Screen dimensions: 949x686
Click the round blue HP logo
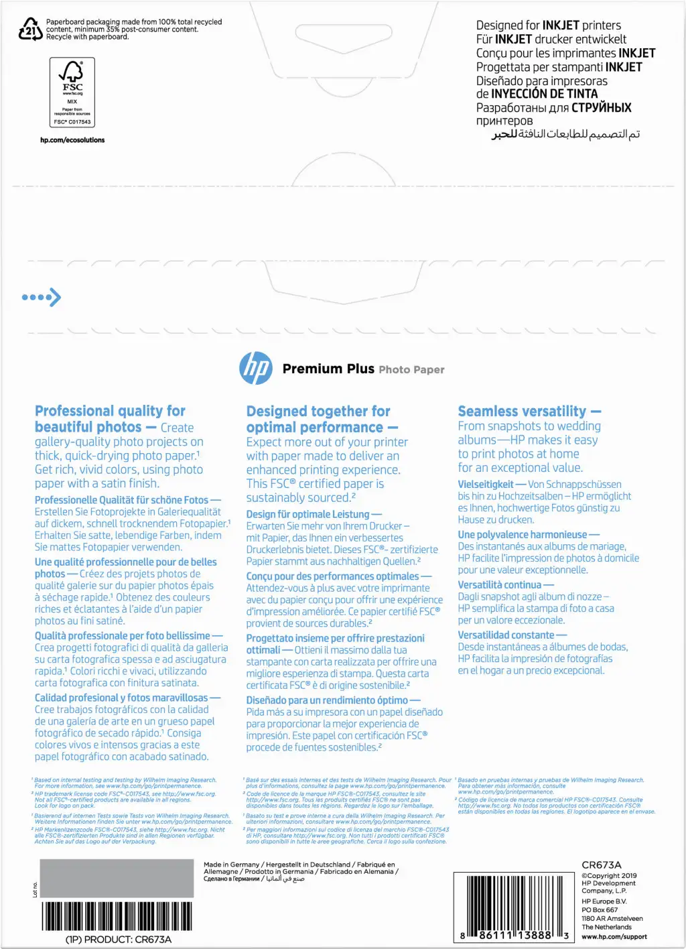pyautogui.click(x=256, y=368)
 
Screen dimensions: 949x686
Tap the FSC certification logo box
pyautogui.click(x=72, y=92)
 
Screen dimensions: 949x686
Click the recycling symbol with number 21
pyautogui.click(x=30, y=29)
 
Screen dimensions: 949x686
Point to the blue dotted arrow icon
pyautogui.click(x=42, y=297)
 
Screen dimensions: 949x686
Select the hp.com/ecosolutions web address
pyautogui.click(x=72, y=140)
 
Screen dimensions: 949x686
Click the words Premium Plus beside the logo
pyautogui.click(x=328, y=369)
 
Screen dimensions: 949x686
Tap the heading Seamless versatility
pyautogui.click(x=522, y=411)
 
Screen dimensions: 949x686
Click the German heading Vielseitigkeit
pyautogui.click(x=486, y=484)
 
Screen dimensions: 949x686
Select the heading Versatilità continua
pyautogui.click(x=499, y=584)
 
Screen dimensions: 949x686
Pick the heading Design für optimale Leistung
pyautogui.click(x=307, y=514)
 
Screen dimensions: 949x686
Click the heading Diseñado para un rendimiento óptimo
pyautogui.click(x=327, y=700)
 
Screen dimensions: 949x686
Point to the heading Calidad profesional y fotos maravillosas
pyautogui.click(x=121, y=698)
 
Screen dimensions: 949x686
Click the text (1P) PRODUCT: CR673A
pyautogui.click(x=119, y=940)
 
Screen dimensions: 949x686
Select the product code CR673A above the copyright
pyautogui.click(x=602, y=865)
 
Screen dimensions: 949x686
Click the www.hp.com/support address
pyautogui.click(x=614, y=936)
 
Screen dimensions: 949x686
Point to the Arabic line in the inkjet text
pyautogui.click(x=566, y=135)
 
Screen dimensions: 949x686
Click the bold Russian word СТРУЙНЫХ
pyautogui.click(x=601, y=107)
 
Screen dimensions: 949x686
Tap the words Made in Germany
pyautogui.click(x=231, y=865)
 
